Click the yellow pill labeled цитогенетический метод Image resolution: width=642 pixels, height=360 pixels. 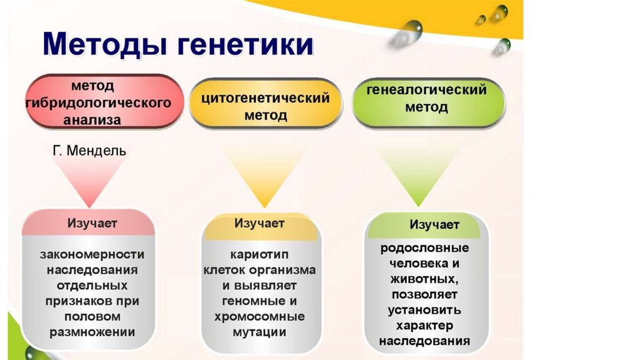[x=265, y=107]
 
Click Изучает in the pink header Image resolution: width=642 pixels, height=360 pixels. [x=92, y=223]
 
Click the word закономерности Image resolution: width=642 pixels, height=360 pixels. [x=92, y=255]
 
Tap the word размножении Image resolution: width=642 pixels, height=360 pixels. [x=92, y=332]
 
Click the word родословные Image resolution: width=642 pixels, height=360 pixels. [x=424, y=247]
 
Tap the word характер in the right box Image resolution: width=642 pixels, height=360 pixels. [x=425, y=326]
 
